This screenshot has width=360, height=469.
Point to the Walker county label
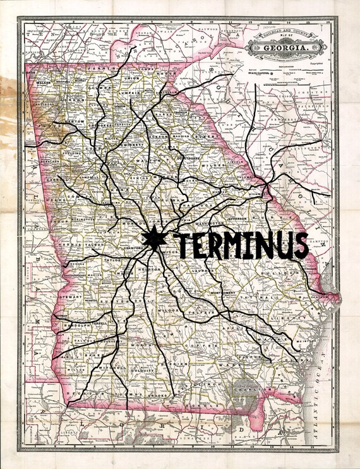[x=44, y=82]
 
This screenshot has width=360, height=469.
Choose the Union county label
[x=134, y=79]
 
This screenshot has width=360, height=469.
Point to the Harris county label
[x=71, y=243]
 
